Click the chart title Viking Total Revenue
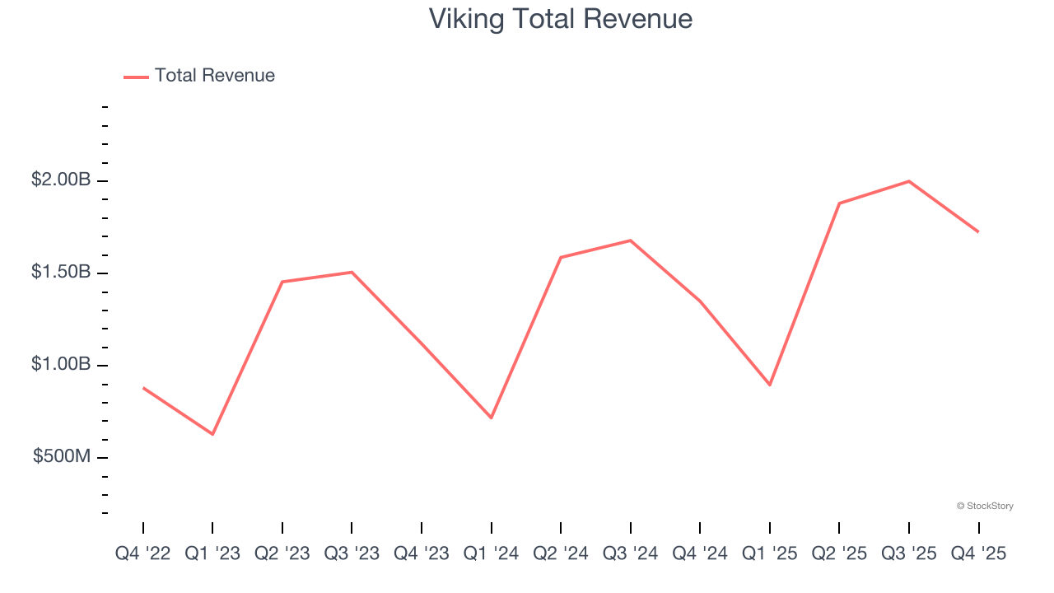click(x=560, y=19)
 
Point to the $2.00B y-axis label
click(x=61, y=180)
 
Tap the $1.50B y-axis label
click(x=61, y=272)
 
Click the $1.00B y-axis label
click(x=61, y=364)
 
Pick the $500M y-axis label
click(x=62, y=456)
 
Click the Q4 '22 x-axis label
click(x=143, y=554)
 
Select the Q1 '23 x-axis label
click(x=212, y=554)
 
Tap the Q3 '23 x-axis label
click(x=352, y=554)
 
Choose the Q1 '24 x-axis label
click(x=492, y=554)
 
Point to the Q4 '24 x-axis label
click(x=700, y=554)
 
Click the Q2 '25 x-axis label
click(x=839, y=554)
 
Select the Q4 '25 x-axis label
click(x=978, y=554)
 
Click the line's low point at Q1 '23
click(x=212, y=434)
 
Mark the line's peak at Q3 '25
click(x=909, y=181)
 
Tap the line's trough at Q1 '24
click(x=492, y=418)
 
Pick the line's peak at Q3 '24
click(x=631, y=240)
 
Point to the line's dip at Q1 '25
click(x=770, y=385)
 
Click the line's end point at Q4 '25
click(x=978, y=231)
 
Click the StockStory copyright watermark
click(x=985, y=506)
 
